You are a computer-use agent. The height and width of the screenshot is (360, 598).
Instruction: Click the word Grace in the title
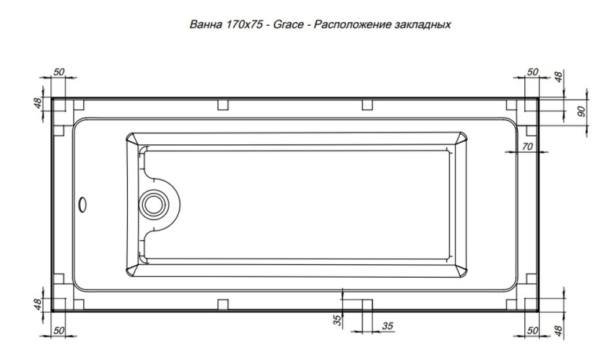pyautogui.click(x=289, y=25)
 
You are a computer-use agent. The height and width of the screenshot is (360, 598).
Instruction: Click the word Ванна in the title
pyautogui.click(x=206, y=25)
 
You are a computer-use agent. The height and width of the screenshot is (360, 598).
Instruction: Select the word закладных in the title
pyautogui.click(x=422, y=25)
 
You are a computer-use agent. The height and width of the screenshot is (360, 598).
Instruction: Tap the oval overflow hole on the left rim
pyautogui.click(x=82, y=205)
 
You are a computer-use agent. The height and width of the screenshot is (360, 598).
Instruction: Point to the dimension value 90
pyautogui.click(x=582, y=111)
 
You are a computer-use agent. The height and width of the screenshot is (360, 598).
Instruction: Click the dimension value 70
pyautogui.click(x=527, y=147)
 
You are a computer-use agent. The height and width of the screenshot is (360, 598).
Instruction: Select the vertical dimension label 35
pyautogui.click(x=337, y=320)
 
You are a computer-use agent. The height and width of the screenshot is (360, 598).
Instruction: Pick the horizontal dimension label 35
pyautogui.click(x=387, y=326)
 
